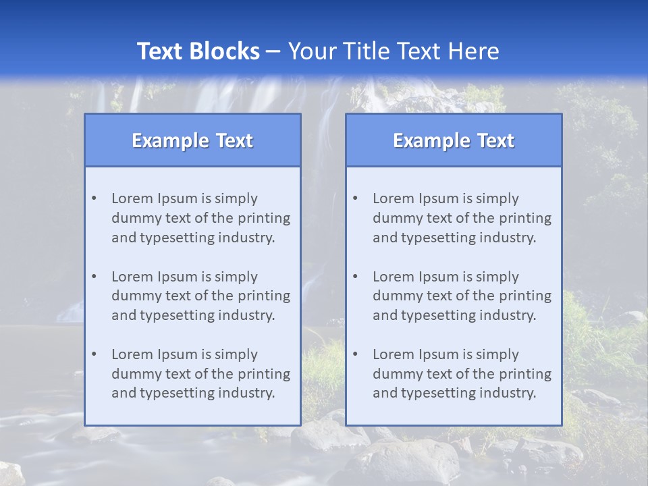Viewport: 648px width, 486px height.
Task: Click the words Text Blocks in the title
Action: [198, 51]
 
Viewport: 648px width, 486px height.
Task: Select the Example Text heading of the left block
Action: [192, 140]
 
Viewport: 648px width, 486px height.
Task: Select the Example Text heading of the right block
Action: [454, 140]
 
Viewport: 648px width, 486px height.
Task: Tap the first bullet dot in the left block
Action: [94, 198]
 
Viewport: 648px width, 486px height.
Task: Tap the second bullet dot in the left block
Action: [94, 277]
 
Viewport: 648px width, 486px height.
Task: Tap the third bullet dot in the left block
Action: [94, 354]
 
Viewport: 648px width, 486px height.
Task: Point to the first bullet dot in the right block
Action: [355, 198]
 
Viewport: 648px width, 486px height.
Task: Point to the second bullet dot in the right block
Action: [355, 277]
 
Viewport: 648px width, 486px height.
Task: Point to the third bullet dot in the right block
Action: [355, 354]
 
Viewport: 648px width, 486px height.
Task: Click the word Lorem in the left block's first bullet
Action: [132, 198]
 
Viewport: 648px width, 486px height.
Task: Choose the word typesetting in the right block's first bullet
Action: [431, 238]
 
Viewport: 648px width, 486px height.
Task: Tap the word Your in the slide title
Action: [310, 51]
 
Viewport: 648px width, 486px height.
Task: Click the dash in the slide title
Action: [273, 51]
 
